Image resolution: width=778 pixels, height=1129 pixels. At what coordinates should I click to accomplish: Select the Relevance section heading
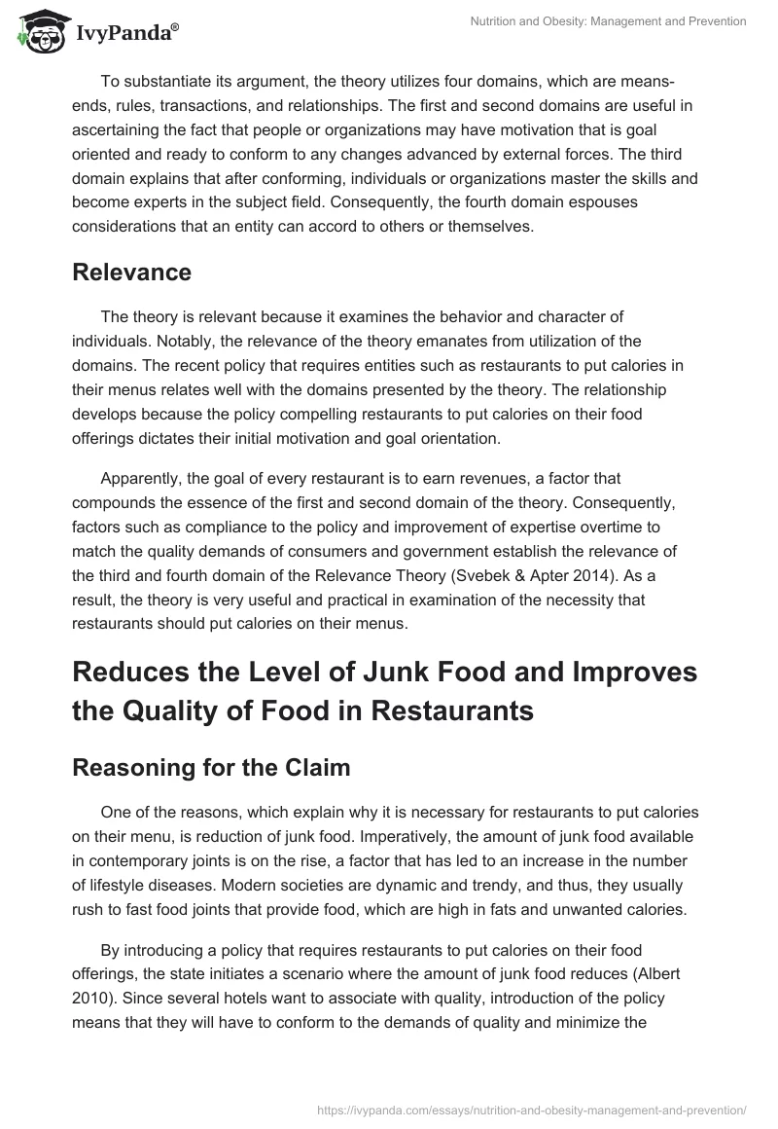pos(131,273)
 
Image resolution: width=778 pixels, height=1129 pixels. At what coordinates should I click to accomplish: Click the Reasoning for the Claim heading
pos(211,767)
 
